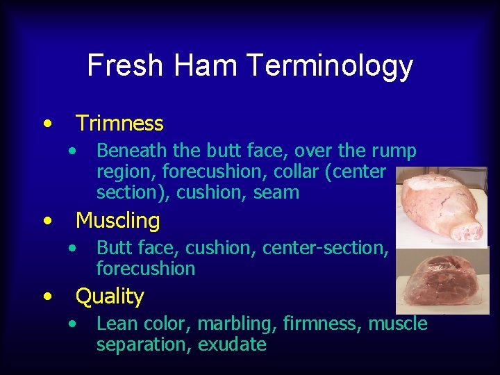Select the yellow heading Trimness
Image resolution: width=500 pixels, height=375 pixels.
[119, 124]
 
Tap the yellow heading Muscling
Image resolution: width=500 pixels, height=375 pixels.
[117, 221]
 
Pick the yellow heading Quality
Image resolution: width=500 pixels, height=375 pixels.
[110, 297]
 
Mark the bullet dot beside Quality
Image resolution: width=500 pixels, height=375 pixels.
[46, 297]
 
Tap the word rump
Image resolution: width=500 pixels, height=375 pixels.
[393, 151]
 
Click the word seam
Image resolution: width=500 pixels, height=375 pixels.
[276, 192]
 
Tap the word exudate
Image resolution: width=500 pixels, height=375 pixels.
[232, 344]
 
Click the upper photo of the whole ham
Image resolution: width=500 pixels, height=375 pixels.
[440, 206]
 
